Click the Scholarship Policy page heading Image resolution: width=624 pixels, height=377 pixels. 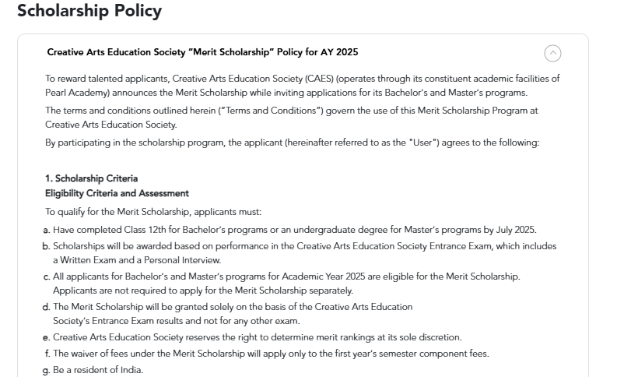(x=89, y=11)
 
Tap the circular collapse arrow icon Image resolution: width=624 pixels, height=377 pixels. (x=552, y=53)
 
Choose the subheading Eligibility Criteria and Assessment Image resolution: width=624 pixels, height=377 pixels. (x=117, y=193)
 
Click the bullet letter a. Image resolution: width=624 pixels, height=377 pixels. (x=47, y=230)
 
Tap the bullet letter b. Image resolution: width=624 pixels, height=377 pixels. (x=47, y=246)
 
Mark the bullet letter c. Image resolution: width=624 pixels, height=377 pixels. (x=47, y=277)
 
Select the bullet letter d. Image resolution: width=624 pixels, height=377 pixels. (x=47, y=307)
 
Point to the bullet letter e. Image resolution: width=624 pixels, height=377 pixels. (x=47, y=337)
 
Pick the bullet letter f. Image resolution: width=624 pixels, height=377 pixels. (x=47, y=354)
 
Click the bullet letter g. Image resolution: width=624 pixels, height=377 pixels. (x=47, y=369)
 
